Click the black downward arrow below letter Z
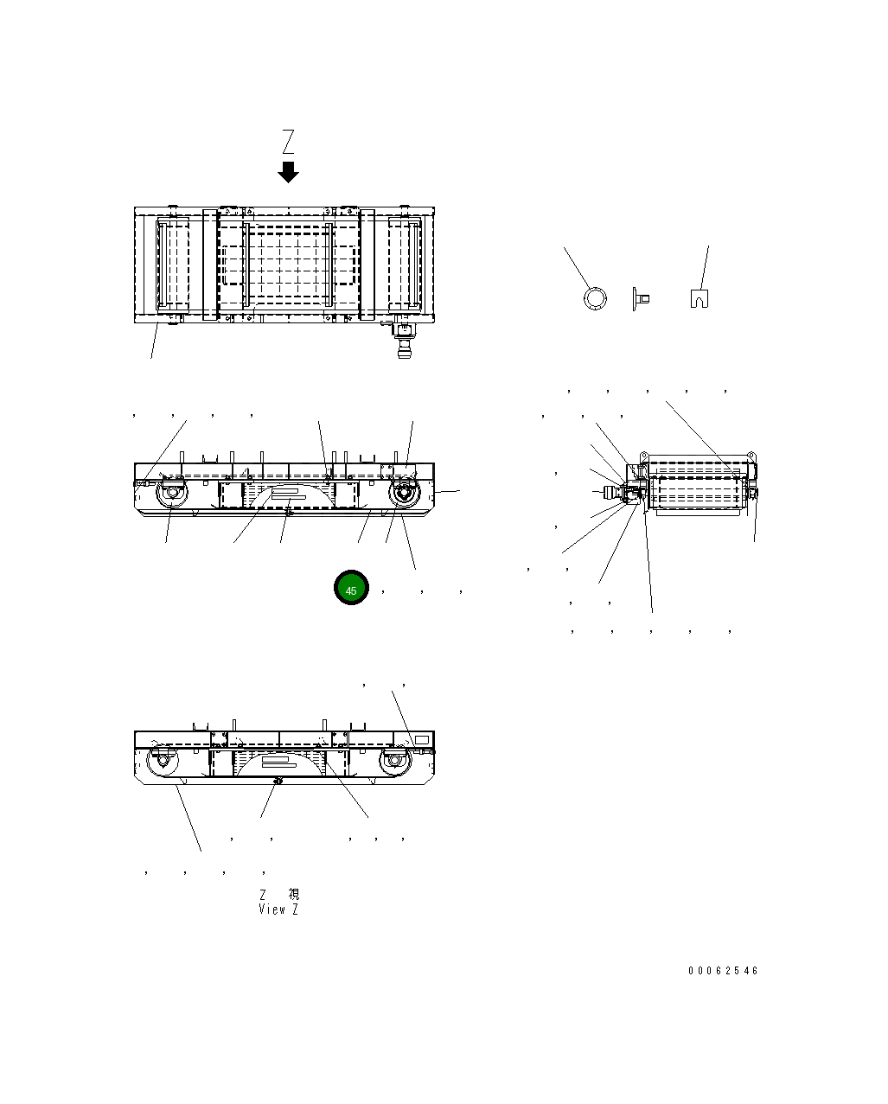click(x=288, y=172)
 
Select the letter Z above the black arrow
click(x=289, y=141)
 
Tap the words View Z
click(x=278, y=909)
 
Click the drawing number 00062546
click(x=723, y=971)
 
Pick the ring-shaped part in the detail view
click(x=595, y=298)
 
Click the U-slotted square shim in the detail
click(x=700, y=298)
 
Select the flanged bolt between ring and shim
click(x=642, y=299)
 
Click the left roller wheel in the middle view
click(x=170, y=495)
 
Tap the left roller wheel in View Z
click(x=160, y=761)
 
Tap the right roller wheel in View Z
click(x=393, y=761)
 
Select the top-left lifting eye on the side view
click(x=644, y=454)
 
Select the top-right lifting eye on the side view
click(x=751, y=454)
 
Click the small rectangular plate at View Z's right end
click(x=422, y=740)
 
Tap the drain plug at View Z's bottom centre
click(x=277, y=781)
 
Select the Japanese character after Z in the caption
click(x=293, y=894)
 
